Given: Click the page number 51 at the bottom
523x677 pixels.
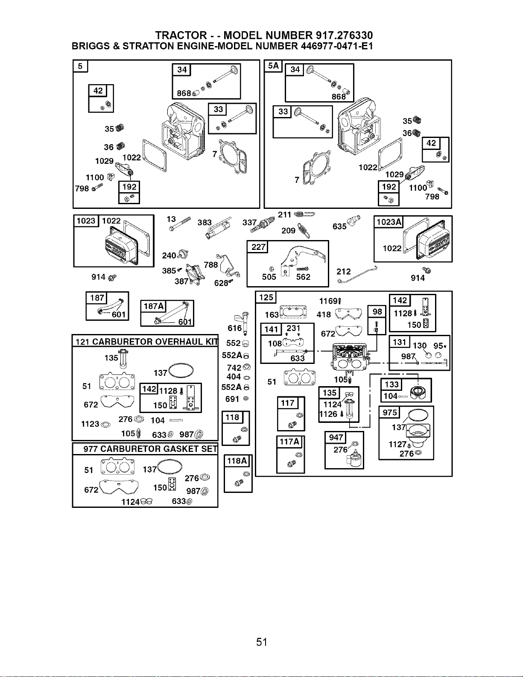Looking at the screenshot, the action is pos(262,642).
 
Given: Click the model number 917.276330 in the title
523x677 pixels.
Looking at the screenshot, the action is pos(344,35).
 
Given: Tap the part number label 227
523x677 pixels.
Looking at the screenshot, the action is pos(258,247).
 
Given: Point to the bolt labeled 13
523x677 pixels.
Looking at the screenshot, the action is pos(180,224).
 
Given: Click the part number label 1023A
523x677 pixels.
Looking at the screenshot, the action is pos(389,222).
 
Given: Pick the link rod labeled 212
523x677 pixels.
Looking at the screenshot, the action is pos(358,275).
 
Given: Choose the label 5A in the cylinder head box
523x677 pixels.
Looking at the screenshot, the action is pos(273,66).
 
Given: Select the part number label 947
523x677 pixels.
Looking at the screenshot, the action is pos(336,437).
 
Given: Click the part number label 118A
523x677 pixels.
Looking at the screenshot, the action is pos(237,461).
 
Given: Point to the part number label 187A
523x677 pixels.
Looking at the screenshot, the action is pos(153,306).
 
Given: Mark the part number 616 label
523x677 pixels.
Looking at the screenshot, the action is pos(234,328).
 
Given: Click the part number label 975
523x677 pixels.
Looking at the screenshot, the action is pos(390,413).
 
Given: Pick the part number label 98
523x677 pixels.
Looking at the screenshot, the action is pos(377,312).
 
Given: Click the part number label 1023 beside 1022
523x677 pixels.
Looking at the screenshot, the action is pos(86,221).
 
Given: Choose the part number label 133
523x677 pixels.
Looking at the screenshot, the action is pos(392,384).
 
